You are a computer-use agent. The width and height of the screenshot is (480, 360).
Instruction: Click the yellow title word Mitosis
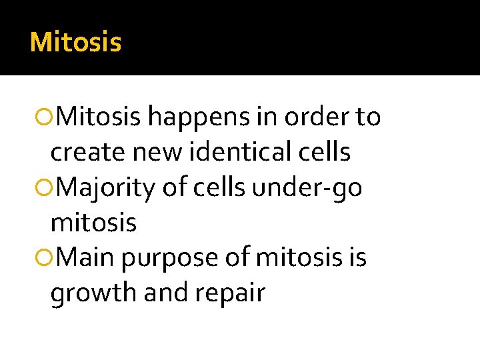pyautogui.click(x=75, y=43)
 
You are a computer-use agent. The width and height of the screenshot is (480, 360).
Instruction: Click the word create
pyautogui.click(x=89, y=153)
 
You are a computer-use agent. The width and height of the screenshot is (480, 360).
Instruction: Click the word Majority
pyautogui.click(x=109, y=188)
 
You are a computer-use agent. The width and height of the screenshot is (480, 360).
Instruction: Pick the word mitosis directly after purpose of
pyautogui.click(x=287, y=258)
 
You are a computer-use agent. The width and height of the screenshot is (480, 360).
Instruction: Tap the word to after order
pyautogui.click(x=367, y=118)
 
